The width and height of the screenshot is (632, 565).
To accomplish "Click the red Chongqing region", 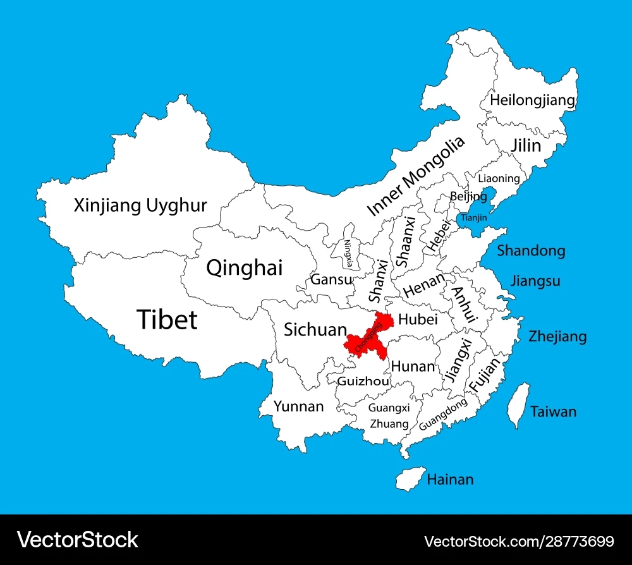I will coord(367,337).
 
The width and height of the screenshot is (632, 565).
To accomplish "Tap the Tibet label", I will coord(167,320).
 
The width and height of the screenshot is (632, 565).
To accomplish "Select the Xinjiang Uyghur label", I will coord(140,205).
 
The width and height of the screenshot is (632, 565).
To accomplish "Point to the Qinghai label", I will coord(245,268).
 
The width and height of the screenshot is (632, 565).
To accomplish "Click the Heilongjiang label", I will coord(533,100).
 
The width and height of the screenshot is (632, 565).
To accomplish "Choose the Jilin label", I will coord(526,145).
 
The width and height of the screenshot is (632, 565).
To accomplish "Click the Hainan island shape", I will coord(410,478).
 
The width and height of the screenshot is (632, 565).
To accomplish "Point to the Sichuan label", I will coord(315,329).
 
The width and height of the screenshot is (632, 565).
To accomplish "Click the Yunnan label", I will coord(298,406).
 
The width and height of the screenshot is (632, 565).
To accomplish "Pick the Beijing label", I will coord(468,197).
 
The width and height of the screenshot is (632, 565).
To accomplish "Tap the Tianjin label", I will coord(474,218).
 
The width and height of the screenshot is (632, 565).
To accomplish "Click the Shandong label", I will coord(531,251).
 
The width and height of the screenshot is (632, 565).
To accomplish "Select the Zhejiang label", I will coord(557,336).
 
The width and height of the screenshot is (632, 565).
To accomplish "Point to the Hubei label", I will coord(418,320).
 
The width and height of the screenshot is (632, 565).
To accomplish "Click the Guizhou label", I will coord(359,381).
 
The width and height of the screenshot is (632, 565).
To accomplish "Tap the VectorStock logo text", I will coord(78,540).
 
